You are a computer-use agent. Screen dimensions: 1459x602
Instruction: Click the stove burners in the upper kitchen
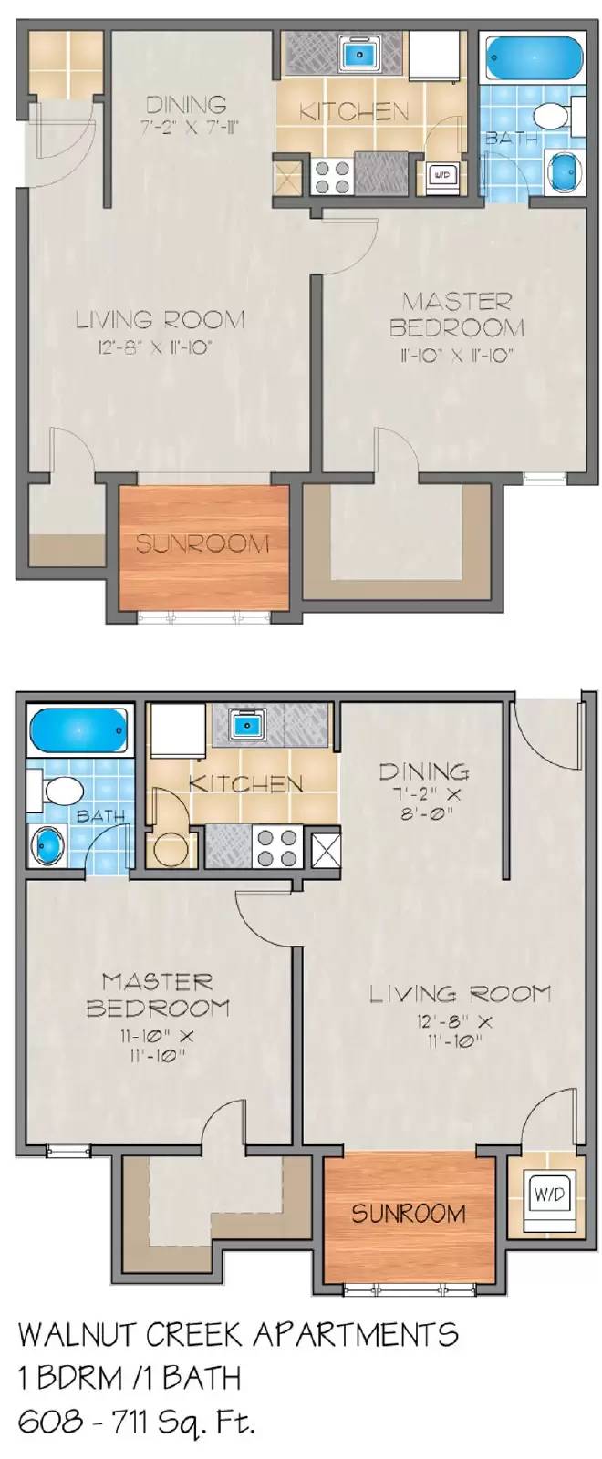pyautogui.click(x=332, y=176)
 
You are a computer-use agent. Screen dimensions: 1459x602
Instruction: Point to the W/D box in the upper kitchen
pyautogui.click(x=441, y=173)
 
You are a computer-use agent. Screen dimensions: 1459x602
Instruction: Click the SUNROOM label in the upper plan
pyautogui.click(x=203, y=544)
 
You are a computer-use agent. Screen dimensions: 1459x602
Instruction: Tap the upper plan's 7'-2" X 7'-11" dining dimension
pyautogui.click(x=190, y=128)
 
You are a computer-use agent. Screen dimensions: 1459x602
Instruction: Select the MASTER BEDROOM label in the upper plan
pyautogui.click(x=457, y=314)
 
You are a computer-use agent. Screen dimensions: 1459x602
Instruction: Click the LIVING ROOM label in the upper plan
pyautogui.click(x=160, y=320)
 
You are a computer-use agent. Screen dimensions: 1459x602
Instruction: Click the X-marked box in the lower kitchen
pyautogui.click(x=326, y=848)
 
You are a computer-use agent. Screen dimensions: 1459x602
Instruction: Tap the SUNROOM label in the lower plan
pyautogui.click(x=409, y=1214)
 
